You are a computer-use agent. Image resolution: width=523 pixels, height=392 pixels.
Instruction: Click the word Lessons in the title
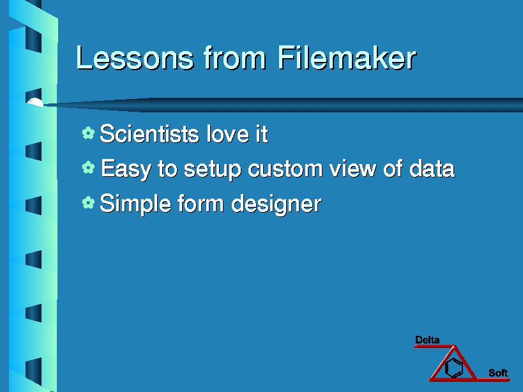[135, 57]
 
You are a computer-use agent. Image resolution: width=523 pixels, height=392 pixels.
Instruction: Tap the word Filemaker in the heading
[347, 57]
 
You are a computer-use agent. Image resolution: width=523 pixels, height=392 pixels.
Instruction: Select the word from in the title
[235, 57]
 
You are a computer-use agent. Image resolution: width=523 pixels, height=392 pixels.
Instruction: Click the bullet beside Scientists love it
[88, 133]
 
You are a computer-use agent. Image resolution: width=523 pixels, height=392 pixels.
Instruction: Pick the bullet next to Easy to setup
[88, 167]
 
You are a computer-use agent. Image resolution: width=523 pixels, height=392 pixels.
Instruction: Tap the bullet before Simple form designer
[88, 202]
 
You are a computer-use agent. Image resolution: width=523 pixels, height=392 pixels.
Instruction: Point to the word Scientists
[149, 133]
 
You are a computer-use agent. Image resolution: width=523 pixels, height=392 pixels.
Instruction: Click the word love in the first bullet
[228, 133]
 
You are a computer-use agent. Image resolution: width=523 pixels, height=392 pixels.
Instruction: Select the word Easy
[126, 169]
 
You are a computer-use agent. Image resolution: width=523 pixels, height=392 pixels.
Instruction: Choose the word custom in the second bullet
[285, 169]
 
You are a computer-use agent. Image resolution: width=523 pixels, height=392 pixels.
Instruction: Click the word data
[432, 168]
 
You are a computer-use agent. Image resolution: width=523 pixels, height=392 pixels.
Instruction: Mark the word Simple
[135, 204]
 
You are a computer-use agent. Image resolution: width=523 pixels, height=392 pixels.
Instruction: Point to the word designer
[276, 204]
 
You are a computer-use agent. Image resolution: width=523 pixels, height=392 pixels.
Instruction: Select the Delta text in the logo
[427, 340]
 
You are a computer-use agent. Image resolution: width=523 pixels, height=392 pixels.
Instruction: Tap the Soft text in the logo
[498, 373]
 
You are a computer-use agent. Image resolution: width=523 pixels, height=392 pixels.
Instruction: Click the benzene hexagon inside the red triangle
[454, 367]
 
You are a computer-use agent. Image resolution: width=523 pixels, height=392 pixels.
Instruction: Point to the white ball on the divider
[35, 102]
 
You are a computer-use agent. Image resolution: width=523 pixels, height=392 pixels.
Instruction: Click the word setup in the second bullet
[213, 169]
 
